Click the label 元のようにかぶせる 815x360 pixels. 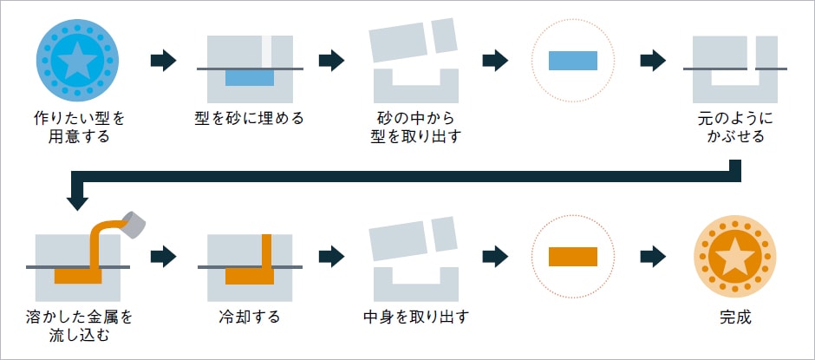pos(735,127)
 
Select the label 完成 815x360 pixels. pos(735,317)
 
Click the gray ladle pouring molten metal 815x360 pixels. pos(134,225)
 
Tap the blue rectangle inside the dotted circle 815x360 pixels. pos(573,60)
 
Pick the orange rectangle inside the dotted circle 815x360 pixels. pos(573,256)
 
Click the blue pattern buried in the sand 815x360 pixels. pos(250,77)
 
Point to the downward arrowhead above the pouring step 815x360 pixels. pos(77,200)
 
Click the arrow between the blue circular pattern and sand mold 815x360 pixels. pos(163,60)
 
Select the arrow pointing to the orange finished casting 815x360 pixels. pos(652,256)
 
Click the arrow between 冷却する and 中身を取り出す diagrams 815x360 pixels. pos(331,256)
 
